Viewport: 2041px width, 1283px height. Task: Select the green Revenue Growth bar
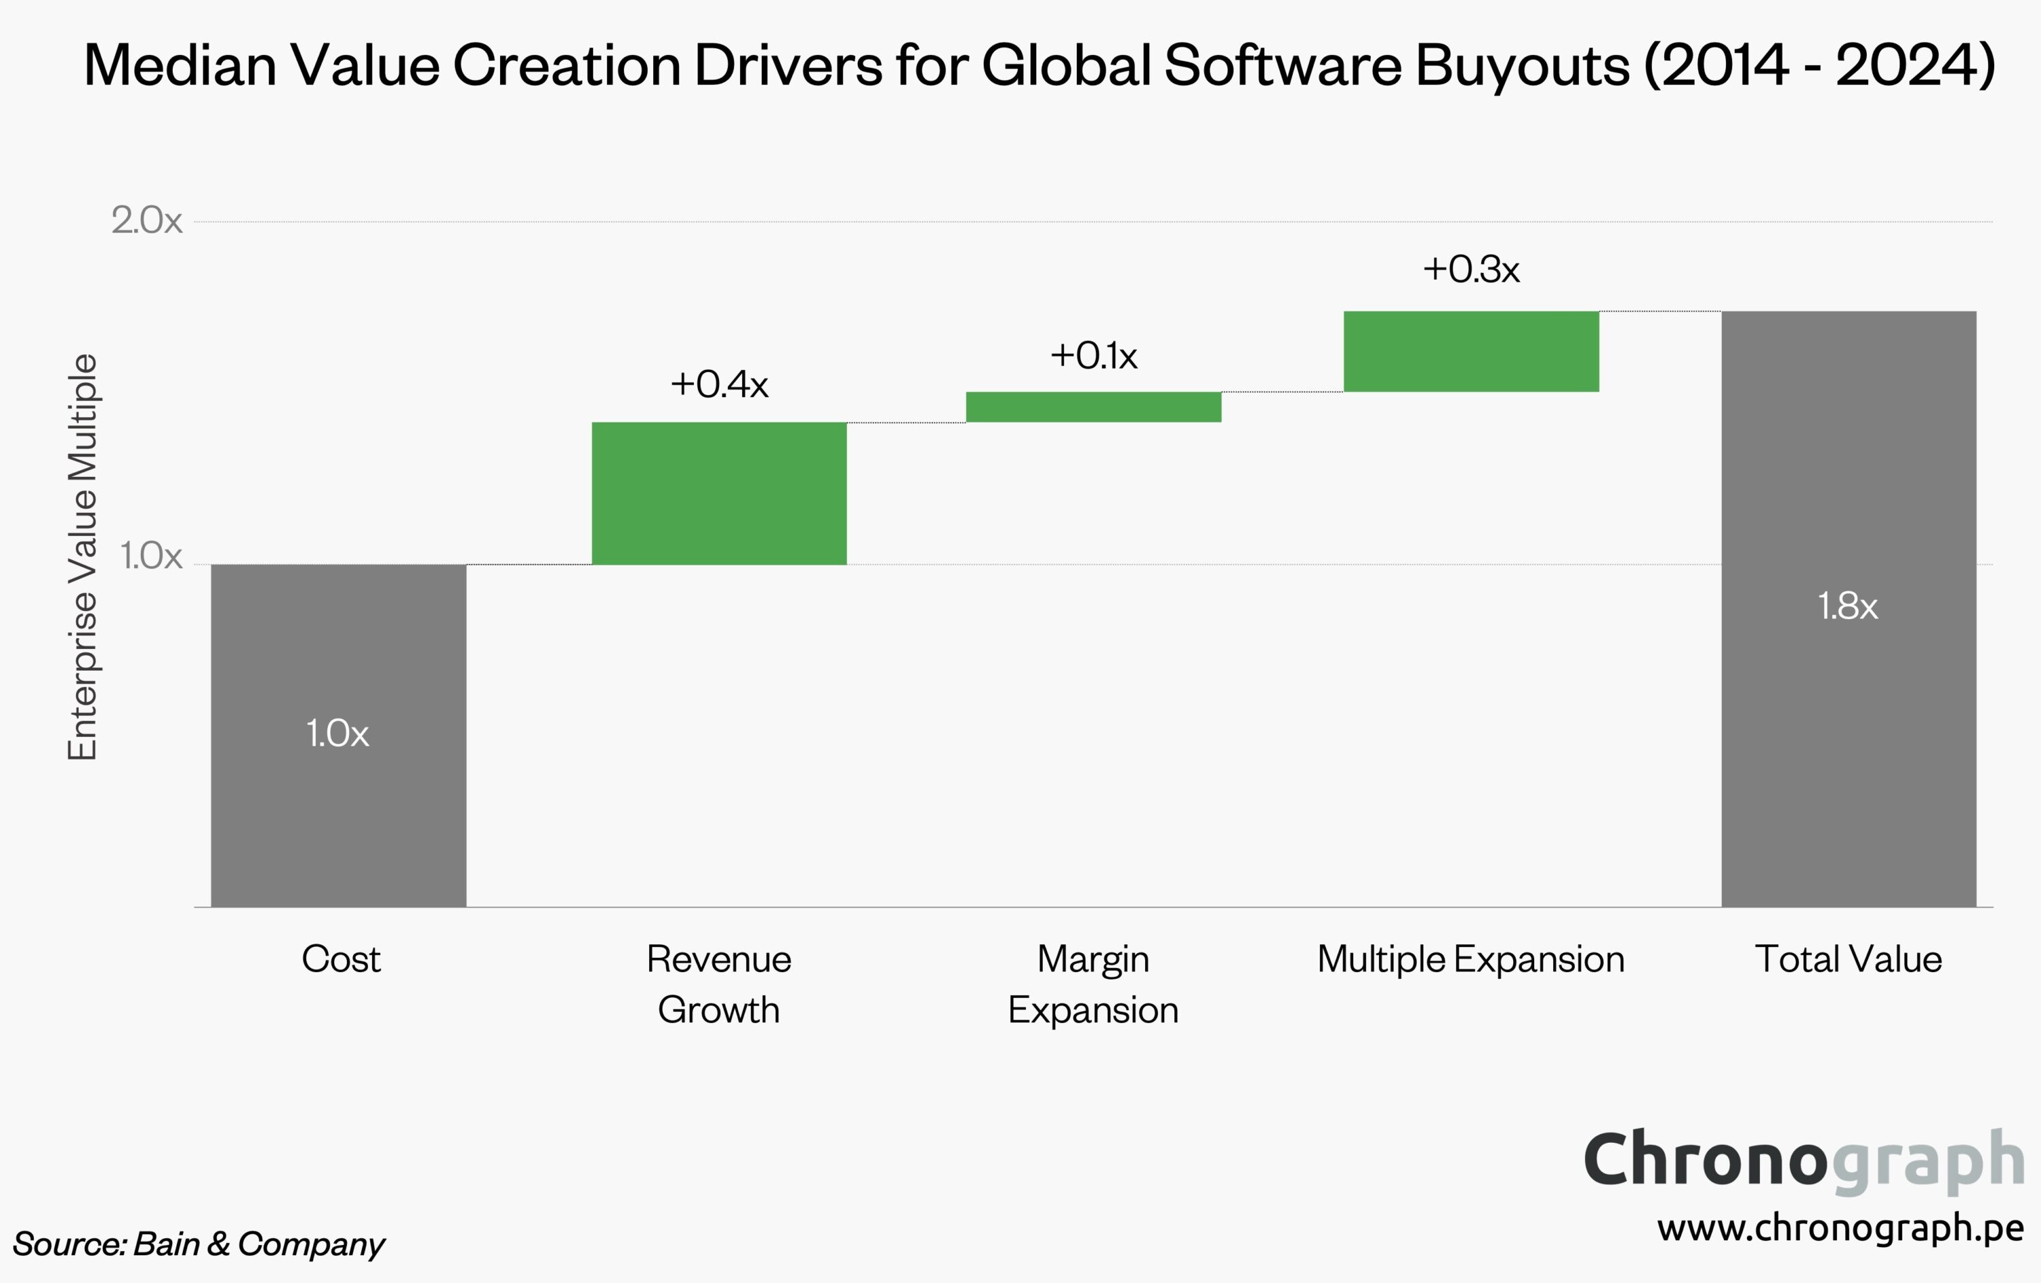point(718,493)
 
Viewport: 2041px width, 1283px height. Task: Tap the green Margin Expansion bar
point(1093,407)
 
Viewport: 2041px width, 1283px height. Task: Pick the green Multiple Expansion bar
point(1471,351)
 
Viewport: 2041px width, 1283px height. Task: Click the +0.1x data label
point(1093,356)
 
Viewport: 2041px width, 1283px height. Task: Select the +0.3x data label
point(1471,269)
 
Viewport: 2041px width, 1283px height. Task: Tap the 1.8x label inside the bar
point(1848,607)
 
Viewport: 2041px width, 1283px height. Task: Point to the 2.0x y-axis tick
point(147,221)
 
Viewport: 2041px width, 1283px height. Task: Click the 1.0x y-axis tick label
point(151,556)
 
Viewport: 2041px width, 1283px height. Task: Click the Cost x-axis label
point(341,959)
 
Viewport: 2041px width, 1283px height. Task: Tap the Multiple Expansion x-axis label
point(1471,959)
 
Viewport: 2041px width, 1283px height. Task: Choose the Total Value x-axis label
point(1848,959)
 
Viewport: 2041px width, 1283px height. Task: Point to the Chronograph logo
point(1804,1159)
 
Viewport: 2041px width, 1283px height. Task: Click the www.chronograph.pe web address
point(1840,1227)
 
